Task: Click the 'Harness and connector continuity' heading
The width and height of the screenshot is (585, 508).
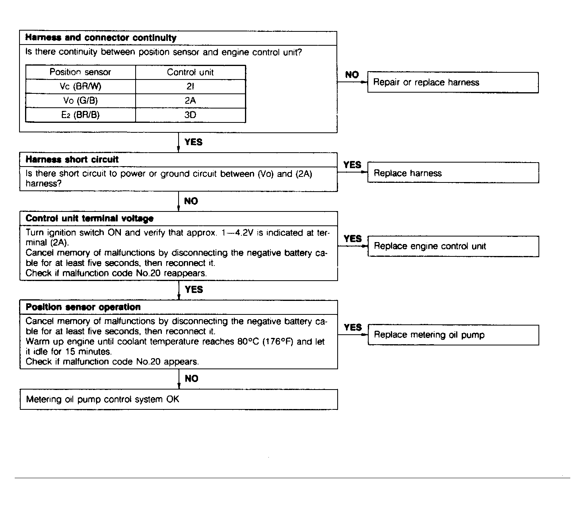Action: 101,38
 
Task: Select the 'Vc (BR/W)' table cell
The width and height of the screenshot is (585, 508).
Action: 80,87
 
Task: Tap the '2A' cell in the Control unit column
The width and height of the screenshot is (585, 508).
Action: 190,101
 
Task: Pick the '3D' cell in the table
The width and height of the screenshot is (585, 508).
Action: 190,115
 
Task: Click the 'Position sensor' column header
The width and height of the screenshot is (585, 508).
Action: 80,72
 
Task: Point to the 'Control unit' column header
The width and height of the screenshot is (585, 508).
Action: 190,72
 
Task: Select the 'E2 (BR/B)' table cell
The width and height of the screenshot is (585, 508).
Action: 80,115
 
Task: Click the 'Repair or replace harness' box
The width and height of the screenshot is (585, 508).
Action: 453,83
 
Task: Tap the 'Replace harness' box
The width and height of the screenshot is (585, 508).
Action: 453,173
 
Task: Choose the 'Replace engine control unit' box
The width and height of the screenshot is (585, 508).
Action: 453,246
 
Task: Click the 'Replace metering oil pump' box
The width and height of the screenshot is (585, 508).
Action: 453,335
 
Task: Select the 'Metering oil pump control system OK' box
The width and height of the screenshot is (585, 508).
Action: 179,399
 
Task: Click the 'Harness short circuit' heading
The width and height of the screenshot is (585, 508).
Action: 72,160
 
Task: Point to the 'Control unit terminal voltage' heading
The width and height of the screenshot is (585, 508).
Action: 89,219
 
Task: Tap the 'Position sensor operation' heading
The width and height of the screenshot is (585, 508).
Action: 83,307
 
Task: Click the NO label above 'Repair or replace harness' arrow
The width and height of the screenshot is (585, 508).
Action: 352,75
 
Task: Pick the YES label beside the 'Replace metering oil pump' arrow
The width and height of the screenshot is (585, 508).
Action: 353,328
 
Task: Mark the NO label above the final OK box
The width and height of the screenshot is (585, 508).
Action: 191,379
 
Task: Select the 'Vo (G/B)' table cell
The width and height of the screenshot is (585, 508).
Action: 80,101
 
